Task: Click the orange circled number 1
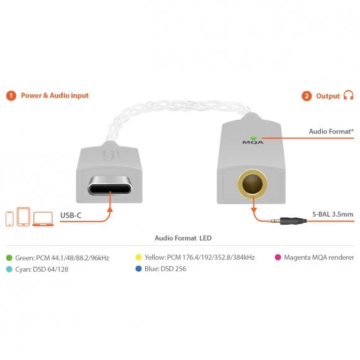coord(11,96)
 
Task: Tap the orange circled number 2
coord(307,96)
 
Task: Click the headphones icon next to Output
coord(348,95)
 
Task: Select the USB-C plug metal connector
coord(110,186)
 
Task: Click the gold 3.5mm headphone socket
coord(253,184)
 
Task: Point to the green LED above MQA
coord(253,138)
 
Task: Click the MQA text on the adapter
coord(253,142)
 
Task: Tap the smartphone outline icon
coord(9,218)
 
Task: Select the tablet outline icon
coord(24,217)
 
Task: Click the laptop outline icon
coord(43,219)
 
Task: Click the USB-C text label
coord(71,215)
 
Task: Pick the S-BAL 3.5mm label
coord(333,214)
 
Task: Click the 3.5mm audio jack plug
coord(287,221)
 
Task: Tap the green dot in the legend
coord(9,258)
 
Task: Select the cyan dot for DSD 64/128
coord(9,269)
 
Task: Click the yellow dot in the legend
coord(138,257)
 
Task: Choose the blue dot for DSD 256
coord(138,269)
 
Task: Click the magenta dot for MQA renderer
coord(278,257)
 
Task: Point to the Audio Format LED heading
coord(183,238)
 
